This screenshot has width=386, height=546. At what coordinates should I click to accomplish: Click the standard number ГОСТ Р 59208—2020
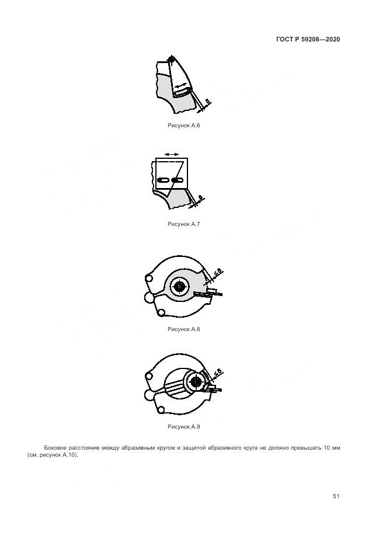click(308, 39)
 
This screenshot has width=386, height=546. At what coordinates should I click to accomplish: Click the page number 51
click(336, 496)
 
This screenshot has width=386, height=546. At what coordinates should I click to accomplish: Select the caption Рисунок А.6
click(184, 126)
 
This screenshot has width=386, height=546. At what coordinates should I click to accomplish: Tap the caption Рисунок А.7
click(184, 224)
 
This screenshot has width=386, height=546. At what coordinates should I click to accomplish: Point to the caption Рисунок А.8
click(184, 329)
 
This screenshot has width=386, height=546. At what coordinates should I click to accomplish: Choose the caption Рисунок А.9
click(184, 426)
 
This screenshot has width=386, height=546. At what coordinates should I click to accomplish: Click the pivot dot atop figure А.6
click(171, 59)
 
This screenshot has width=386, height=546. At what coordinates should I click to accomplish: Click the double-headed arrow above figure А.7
click(172, 154)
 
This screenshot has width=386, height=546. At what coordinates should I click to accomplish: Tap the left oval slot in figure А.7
click(163, 180)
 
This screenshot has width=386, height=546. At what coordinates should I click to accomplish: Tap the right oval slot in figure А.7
click(177, 180)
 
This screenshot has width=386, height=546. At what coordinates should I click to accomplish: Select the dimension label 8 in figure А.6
click(208, 102)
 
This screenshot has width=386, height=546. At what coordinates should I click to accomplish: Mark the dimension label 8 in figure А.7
click(200, 198)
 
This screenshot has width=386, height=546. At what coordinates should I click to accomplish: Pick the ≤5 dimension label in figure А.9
click(218, 374)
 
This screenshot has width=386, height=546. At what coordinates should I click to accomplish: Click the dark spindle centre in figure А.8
click(179, 287)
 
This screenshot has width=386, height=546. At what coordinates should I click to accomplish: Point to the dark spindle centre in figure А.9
click(196, 382)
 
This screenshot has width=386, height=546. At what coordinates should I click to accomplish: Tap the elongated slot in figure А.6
click(182, 92)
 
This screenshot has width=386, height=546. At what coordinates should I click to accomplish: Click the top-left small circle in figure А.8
click(149, 279)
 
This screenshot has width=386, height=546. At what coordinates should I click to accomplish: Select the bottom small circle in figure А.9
click(161, 410)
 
